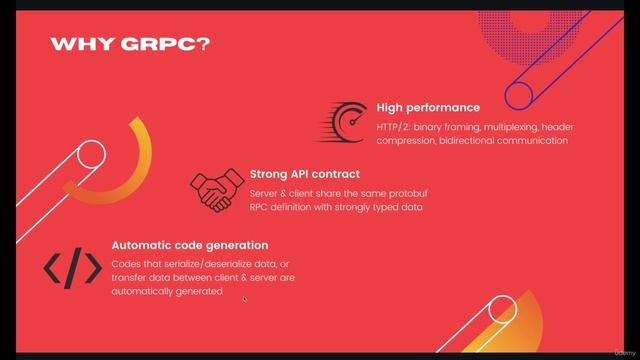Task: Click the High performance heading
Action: point(428,107)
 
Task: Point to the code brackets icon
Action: point(72,268)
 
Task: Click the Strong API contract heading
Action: point(297,174)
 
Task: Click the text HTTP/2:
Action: point(394,126)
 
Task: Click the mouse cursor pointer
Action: point(244,298)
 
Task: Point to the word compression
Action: point(408,141)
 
